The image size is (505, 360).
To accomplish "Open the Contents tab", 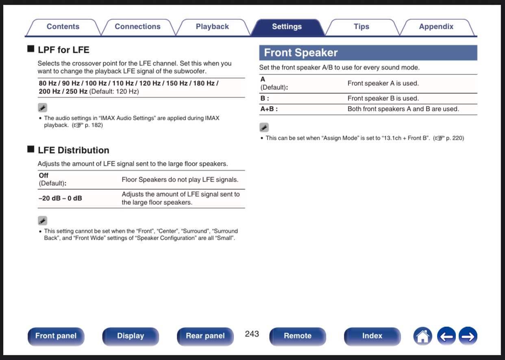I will [x=63, y=27].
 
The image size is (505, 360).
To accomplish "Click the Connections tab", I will [x=137, y=27].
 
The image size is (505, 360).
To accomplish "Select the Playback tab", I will [x=212, y=27].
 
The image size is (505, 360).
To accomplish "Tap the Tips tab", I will [x=361, y=27].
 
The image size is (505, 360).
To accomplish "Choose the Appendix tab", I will [x=436, y=27].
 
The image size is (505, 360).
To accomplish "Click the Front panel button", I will [x=56, y=336].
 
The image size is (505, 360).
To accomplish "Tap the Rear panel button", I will [x=205, y=336].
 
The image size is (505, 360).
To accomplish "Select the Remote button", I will [x=298, y=336].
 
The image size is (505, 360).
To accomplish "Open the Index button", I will [x=372, y=336].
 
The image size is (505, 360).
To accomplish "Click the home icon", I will [x=423, y=336].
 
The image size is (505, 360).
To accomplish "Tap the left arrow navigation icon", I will [x=446, y=336].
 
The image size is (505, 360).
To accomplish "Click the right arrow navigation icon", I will [x=468, y=336].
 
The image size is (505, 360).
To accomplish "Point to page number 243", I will [x=252, y=334].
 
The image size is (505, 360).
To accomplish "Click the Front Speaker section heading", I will [x=301, y=53].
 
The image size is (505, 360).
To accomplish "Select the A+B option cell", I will [x=269, y=109].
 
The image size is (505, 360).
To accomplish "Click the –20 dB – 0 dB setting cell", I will [x=60, y=198].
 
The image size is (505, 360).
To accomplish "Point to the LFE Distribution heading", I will [x=73, y=150].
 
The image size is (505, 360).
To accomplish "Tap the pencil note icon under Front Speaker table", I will [x=264, y=128].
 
